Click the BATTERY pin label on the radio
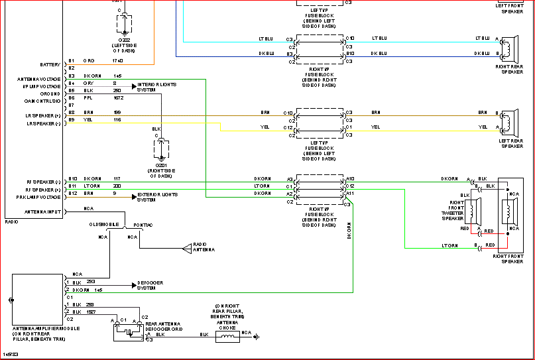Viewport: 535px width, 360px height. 50,64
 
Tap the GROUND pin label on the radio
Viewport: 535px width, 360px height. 50,94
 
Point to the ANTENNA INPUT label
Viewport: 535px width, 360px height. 43,212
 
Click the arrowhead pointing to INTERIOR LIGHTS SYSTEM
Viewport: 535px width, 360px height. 134,86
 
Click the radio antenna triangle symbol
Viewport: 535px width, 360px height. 186,249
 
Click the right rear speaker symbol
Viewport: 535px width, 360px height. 506,49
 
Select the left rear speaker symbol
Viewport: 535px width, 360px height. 506,122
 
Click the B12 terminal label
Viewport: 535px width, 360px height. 72,193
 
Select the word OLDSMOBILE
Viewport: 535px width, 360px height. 104,225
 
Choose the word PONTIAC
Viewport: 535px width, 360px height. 143,225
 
